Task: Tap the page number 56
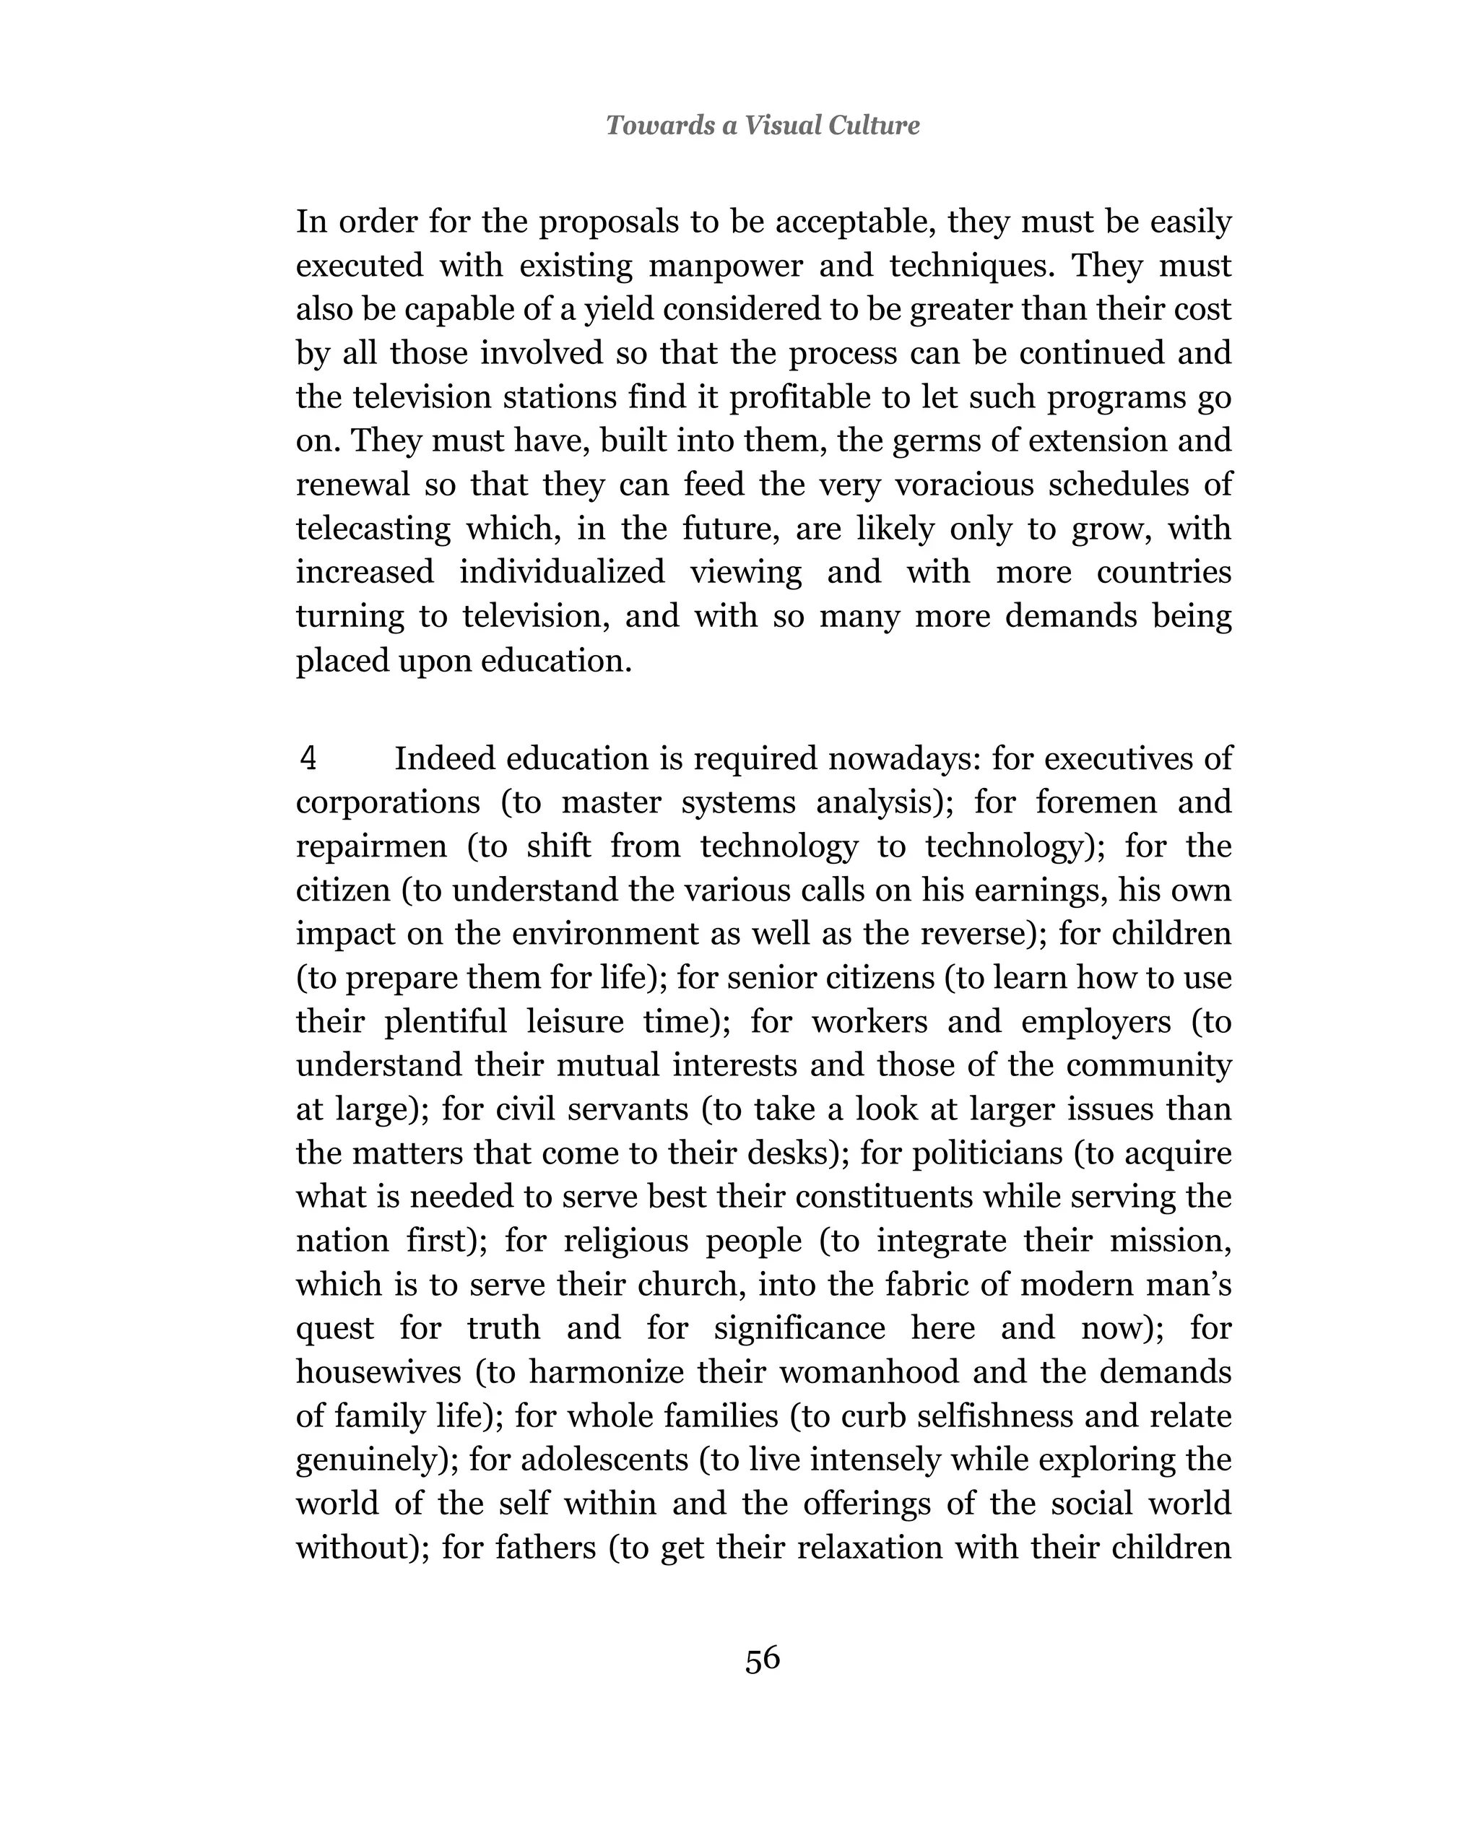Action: pyautogui.click(x=763, y=1658)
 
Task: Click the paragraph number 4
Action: pyautogui.click(x=308, y=758)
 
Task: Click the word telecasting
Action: pyautogui.click(x=373, y=528)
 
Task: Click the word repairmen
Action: pyautogui.click(x=370, y=846)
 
